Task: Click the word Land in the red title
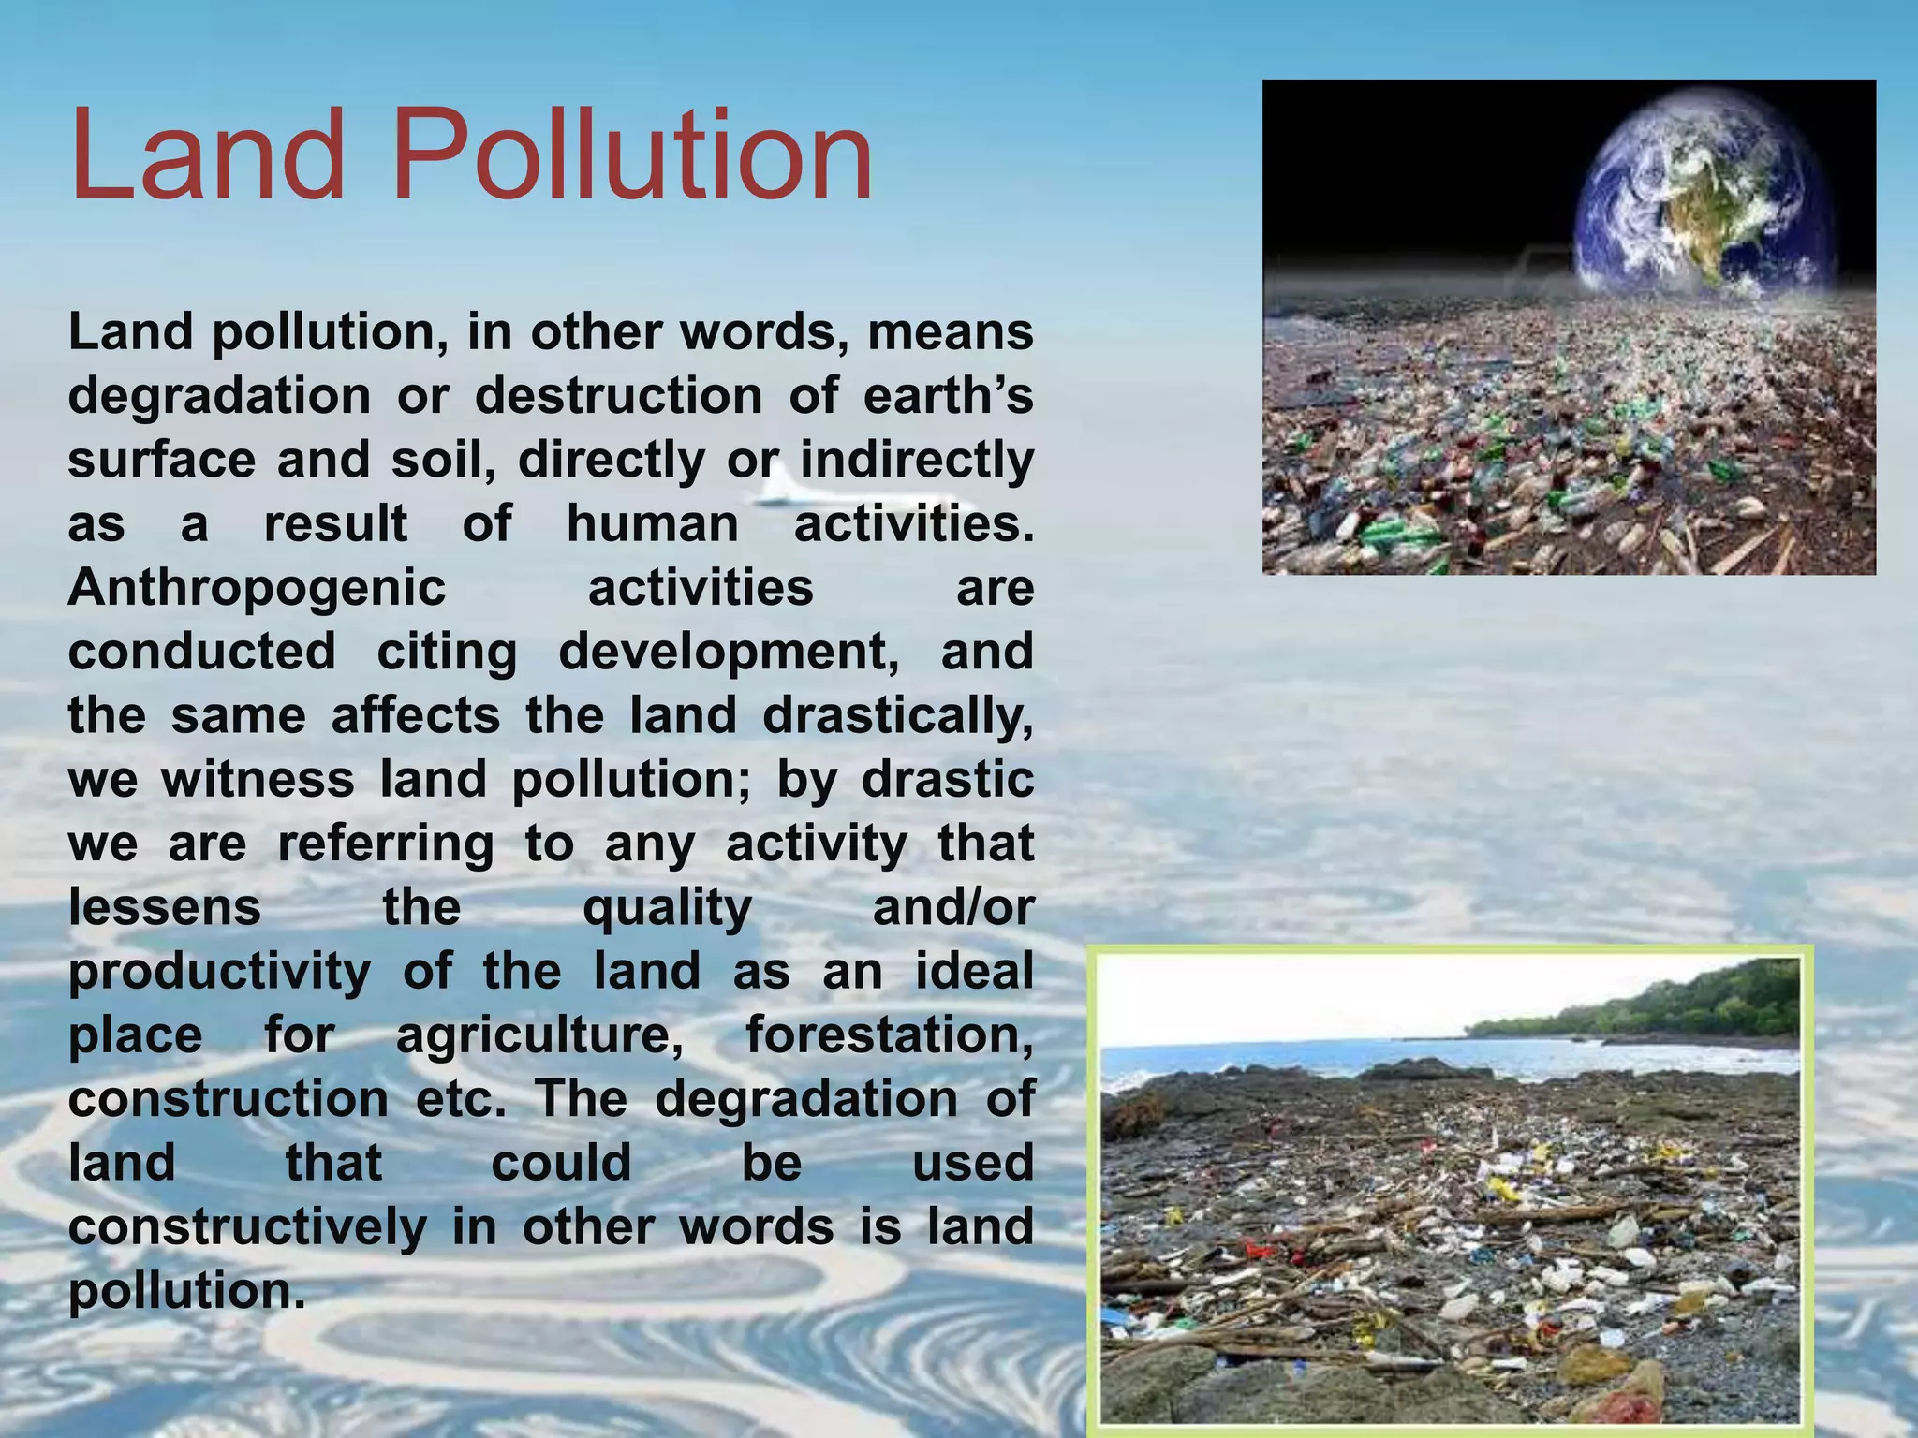[208, 154]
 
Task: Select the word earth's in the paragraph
[948, 396]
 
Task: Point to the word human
[653, 523]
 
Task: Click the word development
[729, 653]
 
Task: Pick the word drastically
[898, 716]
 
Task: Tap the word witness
[258, 780]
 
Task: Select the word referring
[385, 844]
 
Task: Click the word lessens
[165, 907]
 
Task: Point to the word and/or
[952, 908]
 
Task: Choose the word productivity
[220, 973]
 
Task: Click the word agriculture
[539, 1036]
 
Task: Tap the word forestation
[890, 1035]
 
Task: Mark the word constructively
[247, 1227]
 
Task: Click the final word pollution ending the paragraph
[187, 1292]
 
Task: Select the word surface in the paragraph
[161, 461]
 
